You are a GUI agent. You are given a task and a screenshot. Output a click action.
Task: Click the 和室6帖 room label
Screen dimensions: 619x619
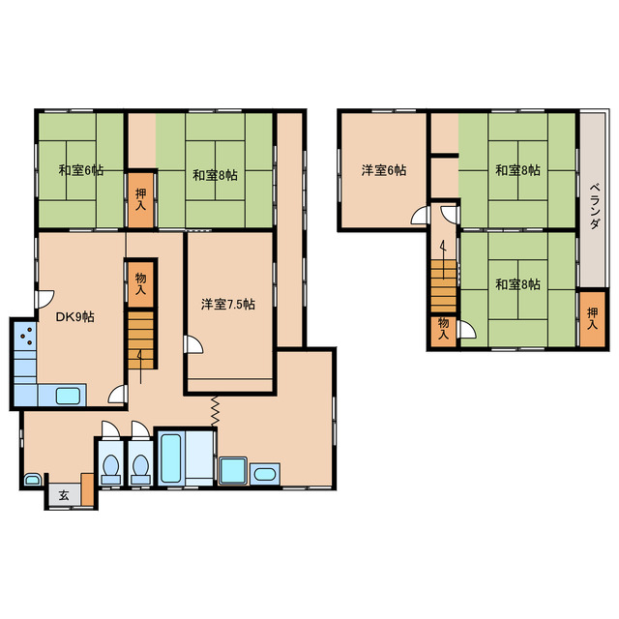[81, 170]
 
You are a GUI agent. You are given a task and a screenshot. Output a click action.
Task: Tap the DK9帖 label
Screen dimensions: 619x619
[75, 316]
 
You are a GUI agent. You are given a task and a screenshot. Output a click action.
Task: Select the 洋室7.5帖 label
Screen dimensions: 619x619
[228, 304]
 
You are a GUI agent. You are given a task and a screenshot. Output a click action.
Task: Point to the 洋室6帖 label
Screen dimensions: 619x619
[384, 170]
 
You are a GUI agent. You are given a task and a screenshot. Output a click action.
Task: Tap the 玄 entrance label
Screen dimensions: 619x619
[64, 495]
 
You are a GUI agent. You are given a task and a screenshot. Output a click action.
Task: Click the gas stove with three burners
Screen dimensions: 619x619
[26, 336]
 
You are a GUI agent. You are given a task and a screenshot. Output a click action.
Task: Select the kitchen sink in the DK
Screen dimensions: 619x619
[68, 396]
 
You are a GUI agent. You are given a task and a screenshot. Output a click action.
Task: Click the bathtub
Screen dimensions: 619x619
[171, 457]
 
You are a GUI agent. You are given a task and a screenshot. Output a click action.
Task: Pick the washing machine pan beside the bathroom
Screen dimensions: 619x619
[233, 471]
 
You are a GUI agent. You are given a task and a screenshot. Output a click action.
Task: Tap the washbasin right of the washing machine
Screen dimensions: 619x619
[265, 474]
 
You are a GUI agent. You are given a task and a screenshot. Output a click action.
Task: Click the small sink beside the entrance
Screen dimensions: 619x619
[32, 480]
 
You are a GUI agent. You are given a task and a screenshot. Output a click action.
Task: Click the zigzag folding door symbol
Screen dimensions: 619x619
[215, 411]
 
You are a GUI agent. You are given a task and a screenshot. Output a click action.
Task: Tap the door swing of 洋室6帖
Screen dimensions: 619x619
[420, 215]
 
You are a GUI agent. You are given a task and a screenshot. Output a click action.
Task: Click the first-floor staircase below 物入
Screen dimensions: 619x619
[140, 339]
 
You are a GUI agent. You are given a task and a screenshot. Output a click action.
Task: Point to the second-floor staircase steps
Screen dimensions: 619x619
[443, 286]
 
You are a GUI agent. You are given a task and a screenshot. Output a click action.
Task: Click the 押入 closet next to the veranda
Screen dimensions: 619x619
[592, 319]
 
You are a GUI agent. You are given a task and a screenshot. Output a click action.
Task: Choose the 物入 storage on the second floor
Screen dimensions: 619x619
[443, 332]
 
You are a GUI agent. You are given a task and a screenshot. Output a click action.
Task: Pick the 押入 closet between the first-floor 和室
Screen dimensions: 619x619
[140, 200]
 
